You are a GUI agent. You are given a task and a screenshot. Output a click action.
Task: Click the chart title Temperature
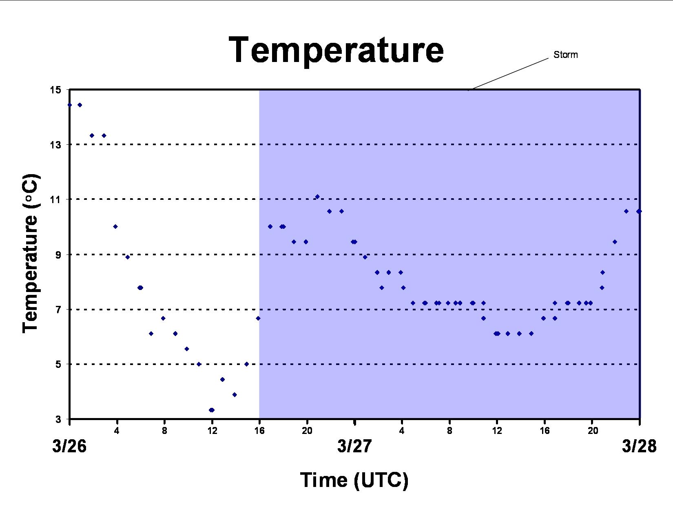[336, 50]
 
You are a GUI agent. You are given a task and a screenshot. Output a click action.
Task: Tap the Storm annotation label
[566, 55]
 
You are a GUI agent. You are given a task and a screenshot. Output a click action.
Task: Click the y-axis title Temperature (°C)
[30, 254]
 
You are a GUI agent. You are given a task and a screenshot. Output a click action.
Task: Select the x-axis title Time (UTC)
[354, 480]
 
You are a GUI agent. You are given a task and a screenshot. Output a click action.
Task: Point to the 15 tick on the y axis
[55, 90]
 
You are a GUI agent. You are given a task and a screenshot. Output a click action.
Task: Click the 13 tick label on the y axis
[55, 145]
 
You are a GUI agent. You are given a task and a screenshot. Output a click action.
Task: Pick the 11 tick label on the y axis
[55, 199]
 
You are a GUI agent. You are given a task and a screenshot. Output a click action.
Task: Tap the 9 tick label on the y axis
[58, 254]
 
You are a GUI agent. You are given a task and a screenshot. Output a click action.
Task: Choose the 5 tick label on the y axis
[58, 364]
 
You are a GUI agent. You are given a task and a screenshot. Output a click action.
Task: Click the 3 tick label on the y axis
[58, 419]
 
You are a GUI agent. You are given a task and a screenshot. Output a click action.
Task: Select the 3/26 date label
[69, 446]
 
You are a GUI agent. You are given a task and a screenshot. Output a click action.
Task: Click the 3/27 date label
[354, 446]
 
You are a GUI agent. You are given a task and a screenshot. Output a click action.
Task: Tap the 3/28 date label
[639, 446]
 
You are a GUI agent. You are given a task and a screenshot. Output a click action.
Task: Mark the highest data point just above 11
[317, 197]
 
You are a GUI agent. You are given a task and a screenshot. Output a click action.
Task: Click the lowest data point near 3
[212, 410]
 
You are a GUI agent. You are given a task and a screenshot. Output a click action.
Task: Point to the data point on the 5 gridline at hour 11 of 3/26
[199, 364]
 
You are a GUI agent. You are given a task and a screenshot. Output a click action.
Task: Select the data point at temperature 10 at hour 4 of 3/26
[115, 227]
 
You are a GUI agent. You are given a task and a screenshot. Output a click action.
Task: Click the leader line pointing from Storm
[508, 74]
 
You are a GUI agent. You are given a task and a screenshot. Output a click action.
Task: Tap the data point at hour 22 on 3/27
[615, 242]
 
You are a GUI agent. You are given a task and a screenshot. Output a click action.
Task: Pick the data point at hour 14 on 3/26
[235, 394]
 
